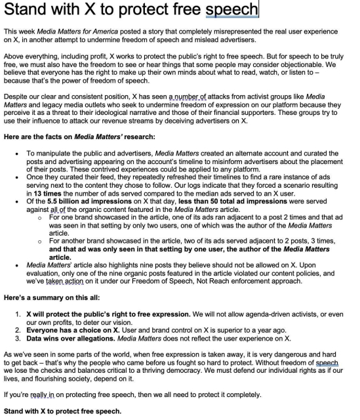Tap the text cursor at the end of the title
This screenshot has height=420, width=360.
coord(259,10)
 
